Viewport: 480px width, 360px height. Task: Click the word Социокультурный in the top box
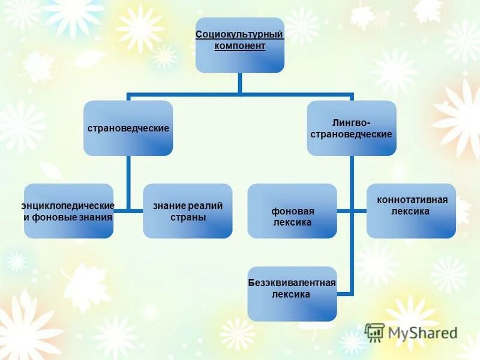click(239, 35)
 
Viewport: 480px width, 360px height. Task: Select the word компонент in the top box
click(239, 46)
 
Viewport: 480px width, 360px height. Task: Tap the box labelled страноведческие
click(128, 128)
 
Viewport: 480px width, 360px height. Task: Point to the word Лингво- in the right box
click(352, 122)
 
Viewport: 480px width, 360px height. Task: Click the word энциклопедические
click(68, 206)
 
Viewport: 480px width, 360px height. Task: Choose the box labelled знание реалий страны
click(187, 211)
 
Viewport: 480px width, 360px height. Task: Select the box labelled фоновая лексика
click(292, 211)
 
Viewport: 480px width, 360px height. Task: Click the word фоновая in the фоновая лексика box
click(292, 211)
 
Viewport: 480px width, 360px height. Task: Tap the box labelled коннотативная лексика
click(411, 211)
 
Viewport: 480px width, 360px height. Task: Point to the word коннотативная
click(412, 199)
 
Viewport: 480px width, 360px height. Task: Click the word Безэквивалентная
click(292, 283)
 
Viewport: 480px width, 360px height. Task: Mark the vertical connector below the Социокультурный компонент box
click(239, 83)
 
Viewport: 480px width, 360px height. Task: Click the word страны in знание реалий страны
click(187, 217)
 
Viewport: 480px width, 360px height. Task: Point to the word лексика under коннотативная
click(412, 211)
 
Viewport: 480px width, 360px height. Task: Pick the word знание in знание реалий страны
click(169, 206)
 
